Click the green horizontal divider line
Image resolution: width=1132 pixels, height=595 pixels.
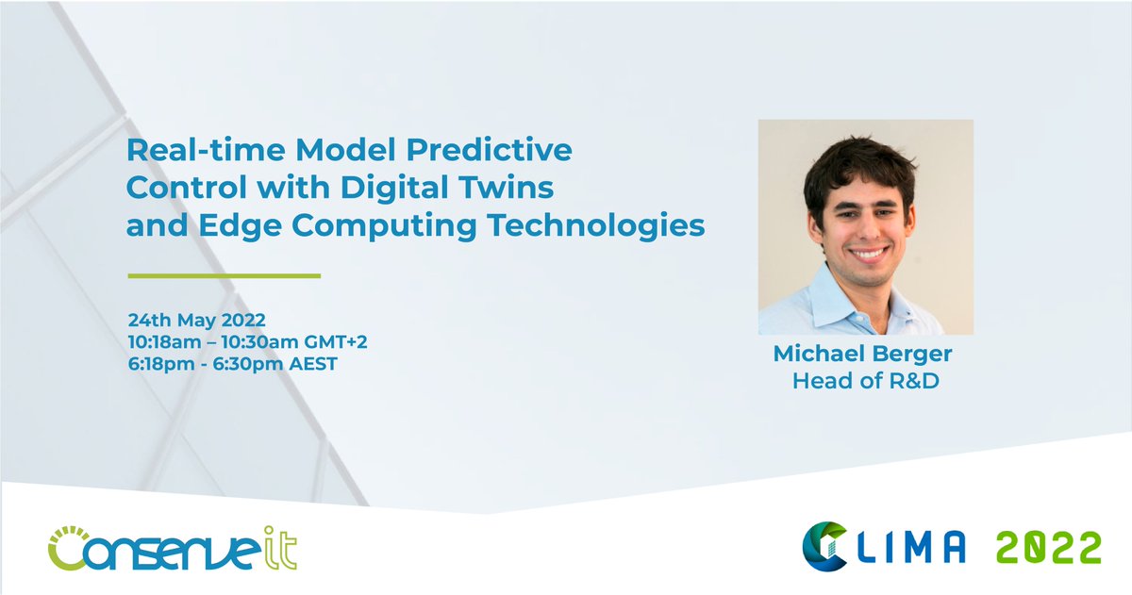point(225,276)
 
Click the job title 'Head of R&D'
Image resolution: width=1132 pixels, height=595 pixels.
point(865,381)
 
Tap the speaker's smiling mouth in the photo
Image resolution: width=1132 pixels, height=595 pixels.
point(869,254)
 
